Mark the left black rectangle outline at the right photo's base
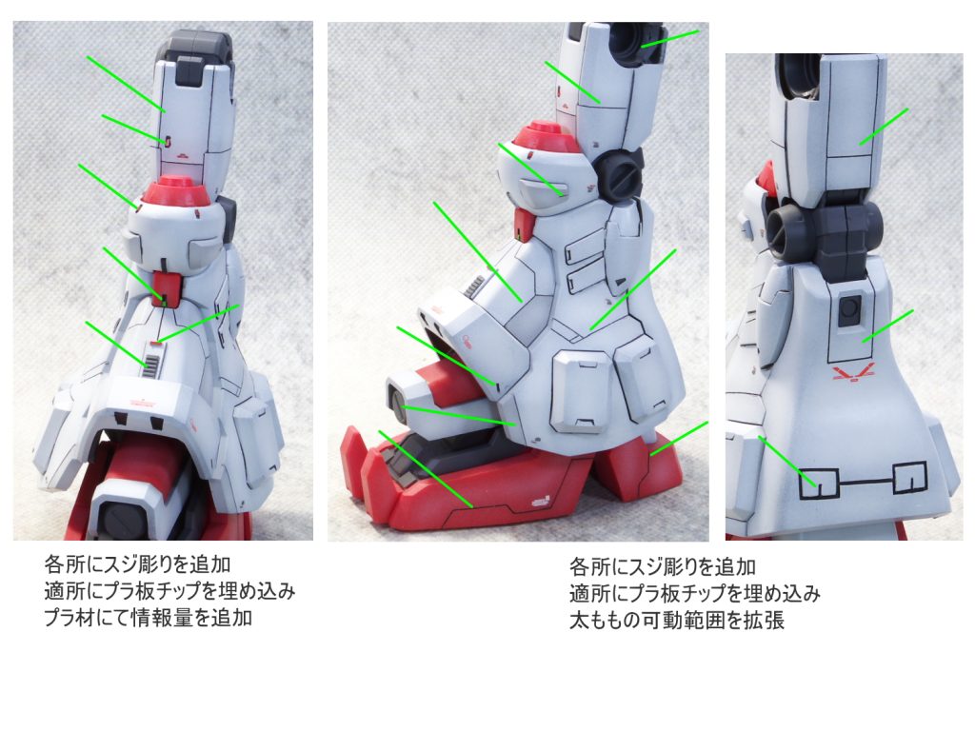tap(819, 483)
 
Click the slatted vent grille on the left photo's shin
tap(151, 366)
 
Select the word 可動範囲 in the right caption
tap(684, 620)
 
